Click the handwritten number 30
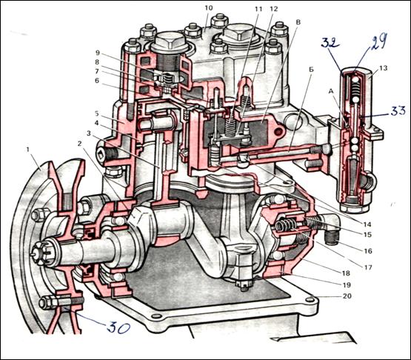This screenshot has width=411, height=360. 118,327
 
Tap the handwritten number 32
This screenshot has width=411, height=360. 331,43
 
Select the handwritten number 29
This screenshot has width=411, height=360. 378,42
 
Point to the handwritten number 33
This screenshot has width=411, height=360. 398,110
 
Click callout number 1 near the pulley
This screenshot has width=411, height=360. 27,150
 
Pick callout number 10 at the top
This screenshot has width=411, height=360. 209,8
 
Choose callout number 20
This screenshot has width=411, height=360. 347,296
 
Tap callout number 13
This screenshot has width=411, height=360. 383,68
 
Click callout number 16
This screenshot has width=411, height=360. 368,251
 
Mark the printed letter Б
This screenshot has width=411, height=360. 311,70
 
